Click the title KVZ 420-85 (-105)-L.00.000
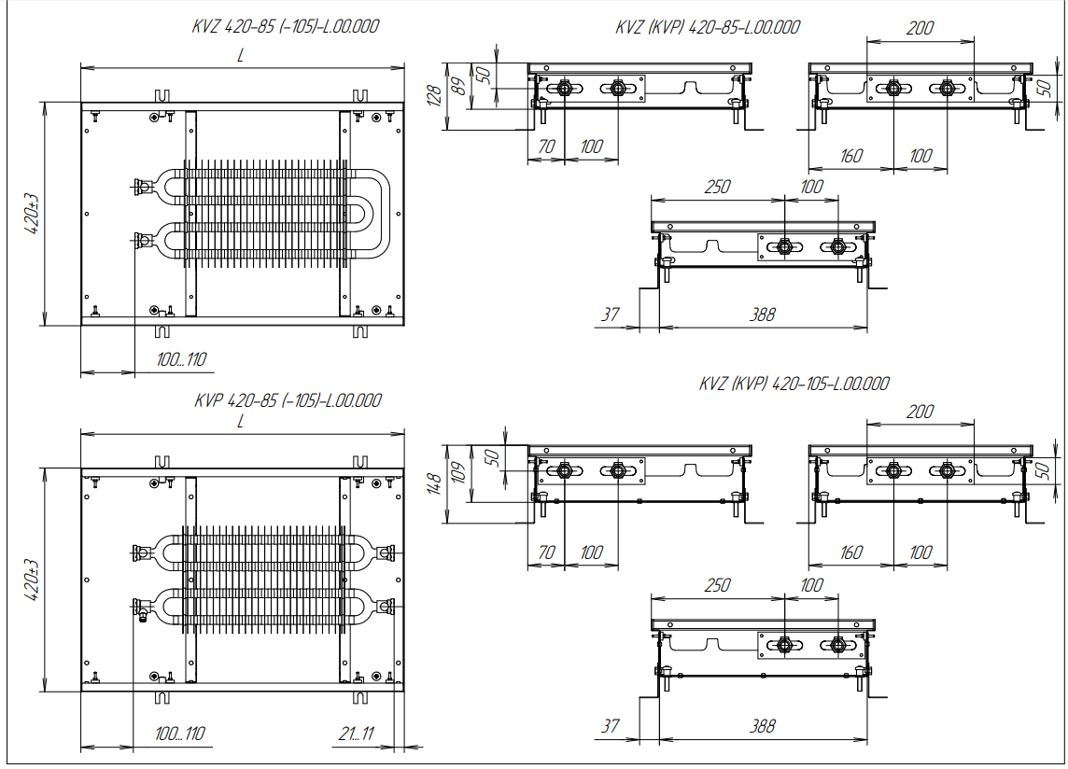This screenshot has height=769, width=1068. [x=286, y=27]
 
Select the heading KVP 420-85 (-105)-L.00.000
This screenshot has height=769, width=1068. [x=288, y=400]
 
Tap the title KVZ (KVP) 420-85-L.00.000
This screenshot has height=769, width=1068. [x=708, y=27]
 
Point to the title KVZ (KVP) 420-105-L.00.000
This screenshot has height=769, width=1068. [x=794, y=384]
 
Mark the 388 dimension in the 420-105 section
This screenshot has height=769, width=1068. [x=763, y=725]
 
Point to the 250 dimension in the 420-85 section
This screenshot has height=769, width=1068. [x=716, y=187]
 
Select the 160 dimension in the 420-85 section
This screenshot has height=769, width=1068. [x=850, y=156]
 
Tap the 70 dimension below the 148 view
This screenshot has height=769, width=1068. [x=546, y=552]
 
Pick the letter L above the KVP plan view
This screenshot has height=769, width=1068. [x=240, y=421]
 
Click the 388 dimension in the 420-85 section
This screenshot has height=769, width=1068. [x=763, y=315]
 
